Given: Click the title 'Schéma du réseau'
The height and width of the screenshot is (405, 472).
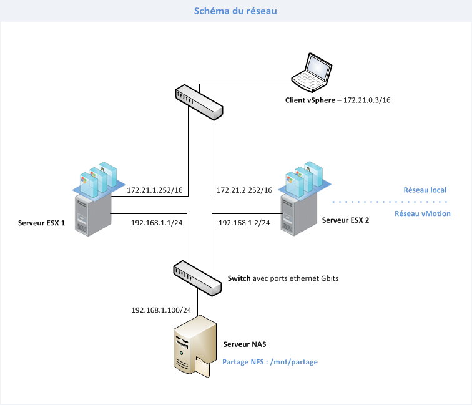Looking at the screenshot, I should (x=235, y=11).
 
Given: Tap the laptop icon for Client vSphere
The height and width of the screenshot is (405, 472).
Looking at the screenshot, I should (x=311, y=71).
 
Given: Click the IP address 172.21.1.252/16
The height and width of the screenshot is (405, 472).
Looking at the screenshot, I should (x=155, y=190).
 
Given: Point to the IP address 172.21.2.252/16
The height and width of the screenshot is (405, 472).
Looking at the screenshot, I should (x=244, y=190).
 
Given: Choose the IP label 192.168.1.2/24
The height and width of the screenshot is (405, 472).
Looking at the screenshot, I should (x=244, y=223).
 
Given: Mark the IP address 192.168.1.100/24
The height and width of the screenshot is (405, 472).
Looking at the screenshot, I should (x=160, y=309).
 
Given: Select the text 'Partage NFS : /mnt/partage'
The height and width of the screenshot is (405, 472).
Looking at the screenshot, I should (x=265, y=361).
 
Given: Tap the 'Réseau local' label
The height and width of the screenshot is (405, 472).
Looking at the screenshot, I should (x=425, y=190).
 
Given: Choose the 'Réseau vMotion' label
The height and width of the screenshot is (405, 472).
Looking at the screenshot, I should (x=423, y=213).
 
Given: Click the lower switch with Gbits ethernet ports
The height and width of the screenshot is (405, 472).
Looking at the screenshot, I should (x=197, y=278).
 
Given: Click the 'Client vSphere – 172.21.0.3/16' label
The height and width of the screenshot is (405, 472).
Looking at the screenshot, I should (x=342, y=100).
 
